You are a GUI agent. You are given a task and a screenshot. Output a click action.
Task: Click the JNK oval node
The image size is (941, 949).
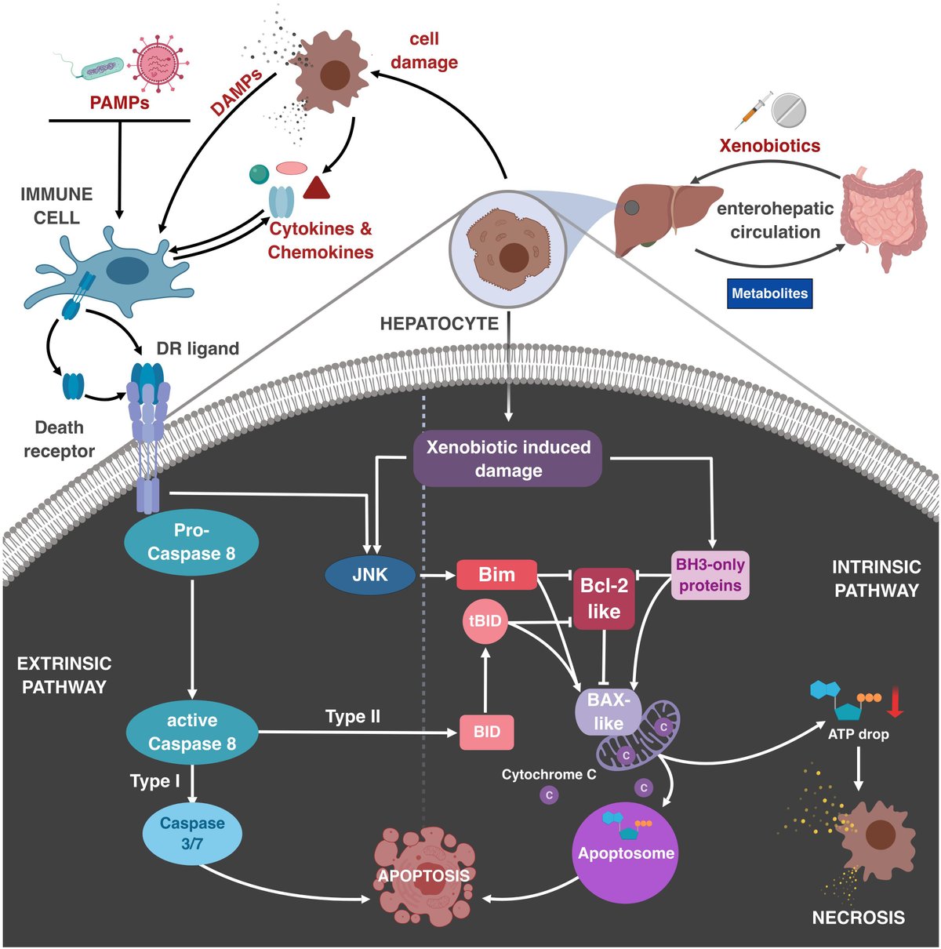click(370, 575)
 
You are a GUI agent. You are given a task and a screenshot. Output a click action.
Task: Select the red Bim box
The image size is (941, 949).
click(496, 575)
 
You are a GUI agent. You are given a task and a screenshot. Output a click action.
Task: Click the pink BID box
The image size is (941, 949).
click(486, 732)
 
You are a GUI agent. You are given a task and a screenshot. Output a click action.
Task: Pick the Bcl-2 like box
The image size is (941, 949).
click(603, 599)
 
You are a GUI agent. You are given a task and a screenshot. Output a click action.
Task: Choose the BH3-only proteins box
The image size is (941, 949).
click(710, 576)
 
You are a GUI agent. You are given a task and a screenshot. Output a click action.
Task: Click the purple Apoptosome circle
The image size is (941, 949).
click(626, 852)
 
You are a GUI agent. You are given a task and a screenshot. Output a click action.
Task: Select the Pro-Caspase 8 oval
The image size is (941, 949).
click(191, 543)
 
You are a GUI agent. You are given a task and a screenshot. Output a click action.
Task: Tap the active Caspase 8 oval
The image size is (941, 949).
click(192, 732)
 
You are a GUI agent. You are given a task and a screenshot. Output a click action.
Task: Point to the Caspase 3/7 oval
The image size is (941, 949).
click(192, 834)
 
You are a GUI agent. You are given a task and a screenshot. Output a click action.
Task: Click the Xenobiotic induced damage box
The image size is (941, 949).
click(507, 459)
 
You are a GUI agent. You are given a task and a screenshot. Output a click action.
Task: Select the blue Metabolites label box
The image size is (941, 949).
click(769, 293)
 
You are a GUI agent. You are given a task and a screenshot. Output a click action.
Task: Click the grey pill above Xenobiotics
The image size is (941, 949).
click(788, 111)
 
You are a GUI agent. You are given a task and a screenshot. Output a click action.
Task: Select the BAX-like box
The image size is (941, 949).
click(607, 711)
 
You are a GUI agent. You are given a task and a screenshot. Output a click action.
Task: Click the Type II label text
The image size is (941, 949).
click(353, 717)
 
